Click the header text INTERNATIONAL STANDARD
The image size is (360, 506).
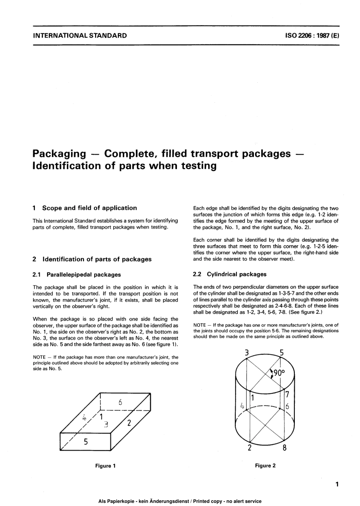(80, 36)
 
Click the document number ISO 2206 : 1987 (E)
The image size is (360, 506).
(311, 36)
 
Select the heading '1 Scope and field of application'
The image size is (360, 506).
(85, 208)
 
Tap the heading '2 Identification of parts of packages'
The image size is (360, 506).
(92, 259)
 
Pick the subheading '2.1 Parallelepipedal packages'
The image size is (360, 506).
(77, 274)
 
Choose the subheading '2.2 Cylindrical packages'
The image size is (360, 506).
(230, 274)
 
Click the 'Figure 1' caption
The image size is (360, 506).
(105, 466)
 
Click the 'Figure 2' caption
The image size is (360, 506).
(265, 465)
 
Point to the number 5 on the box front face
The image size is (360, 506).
(86, 441)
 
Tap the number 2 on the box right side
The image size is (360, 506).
(129, 423)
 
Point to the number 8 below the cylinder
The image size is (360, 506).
(284, 448)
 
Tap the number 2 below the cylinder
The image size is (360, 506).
(249, 448)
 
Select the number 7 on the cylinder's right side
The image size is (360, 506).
(287, 395)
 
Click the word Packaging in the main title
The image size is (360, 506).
(59, 154)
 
